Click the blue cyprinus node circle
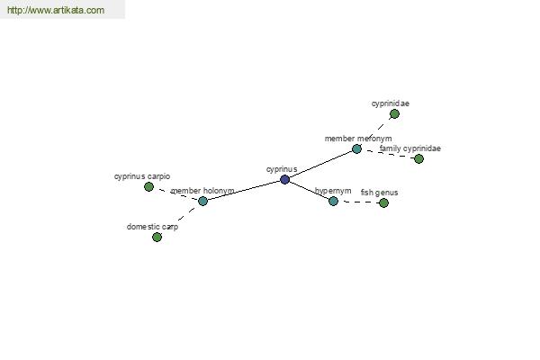(x=284, y=179)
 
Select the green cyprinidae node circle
(x=395, y=114)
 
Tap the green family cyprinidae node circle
(x=418, y=158)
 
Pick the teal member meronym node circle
(x=356, y=149)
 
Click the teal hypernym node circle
(x=333, y=202)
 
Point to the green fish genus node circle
(x=383, y=202)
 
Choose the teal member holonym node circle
(x=202, y=202)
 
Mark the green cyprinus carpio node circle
(x=148, y=186)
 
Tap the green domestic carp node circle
(x=157, y=237)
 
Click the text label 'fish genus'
(x=379, y=193)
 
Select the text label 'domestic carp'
(x=152, y=227)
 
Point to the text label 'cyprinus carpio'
(x=142, y=176)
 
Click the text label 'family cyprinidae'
(x=409, y=148)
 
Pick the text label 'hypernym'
(x=333, y=191)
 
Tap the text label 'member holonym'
(x=202, y=191)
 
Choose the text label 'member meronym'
(x=358, y=139)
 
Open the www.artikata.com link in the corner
(x=56, y=10)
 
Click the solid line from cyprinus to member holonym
(x=244, y=190)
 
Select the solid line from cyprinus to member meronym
(x=321, y=165)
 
